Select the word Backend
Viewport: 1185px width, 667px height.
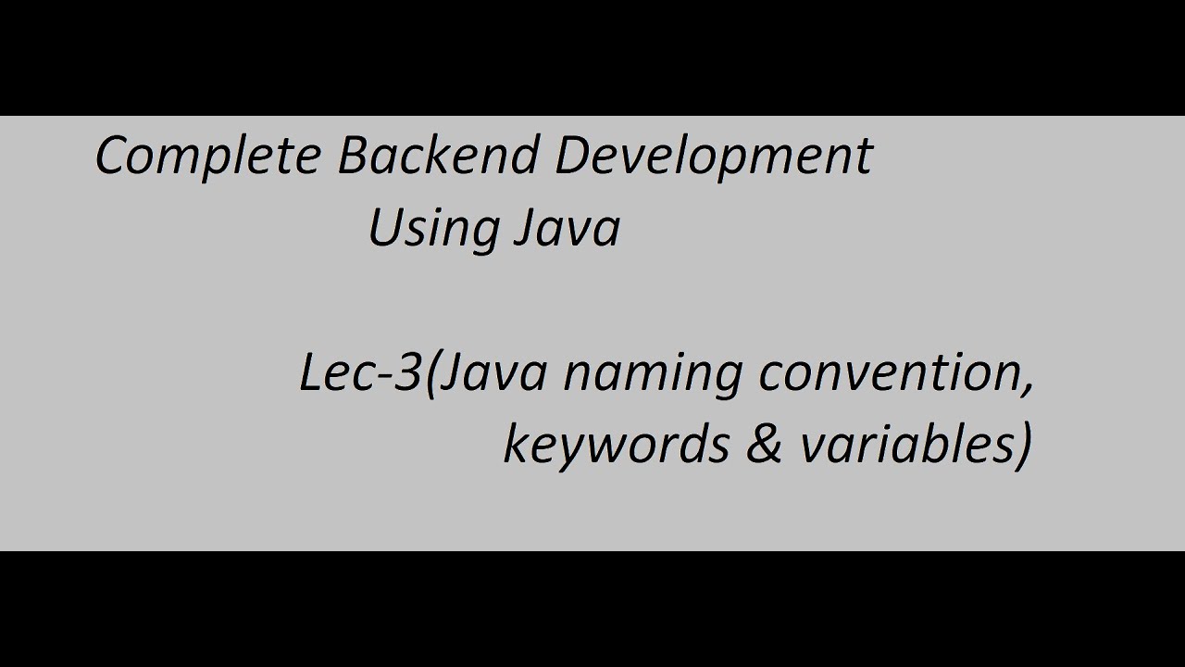[x=438, y=156]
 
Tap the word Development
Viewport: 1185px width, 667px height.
[x=713, y=156]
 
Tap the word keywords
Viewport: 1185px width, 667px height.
[x=616, y=446]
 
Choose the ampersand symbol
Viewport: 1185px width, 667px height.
[x=764, y=446]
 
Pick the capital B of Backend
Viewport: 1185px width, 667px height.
[x=353, y=155]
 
